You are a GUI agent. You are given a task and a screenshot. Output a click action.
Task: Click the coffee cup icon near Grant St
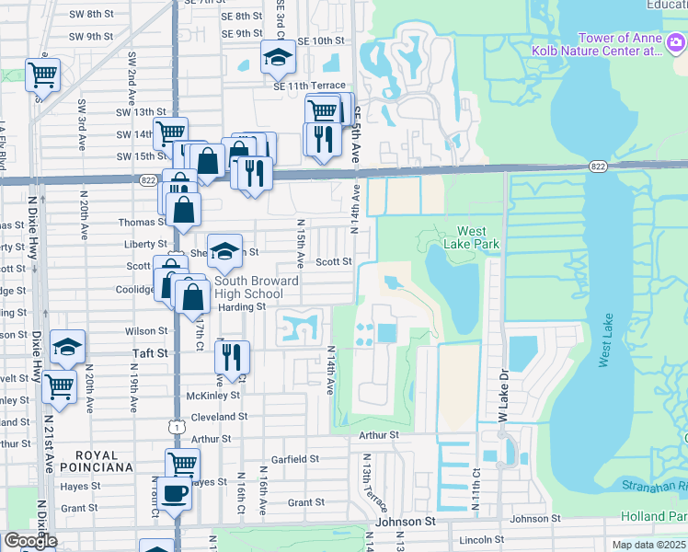[x=174, y=493]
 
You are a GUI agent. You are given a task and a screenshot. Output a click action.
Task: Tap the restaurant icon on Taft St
[x=233, y=356]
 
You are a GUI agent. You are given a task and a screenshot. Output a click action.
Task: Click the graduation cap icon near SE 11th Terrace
[x=276, y=58]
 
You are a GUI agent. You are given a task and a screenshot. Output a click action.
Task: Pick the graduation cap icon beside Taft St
[x=68, y=346]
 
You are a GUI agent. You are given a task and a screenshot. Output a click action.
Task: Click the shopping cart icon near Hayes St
[x=182, y=464]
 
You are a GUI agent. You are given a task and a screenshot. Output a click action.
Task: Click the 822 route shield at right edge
[x=598, y=166]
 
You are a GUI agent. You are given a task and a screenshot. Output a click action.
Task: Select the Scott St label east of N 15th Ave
[x=334, y=261]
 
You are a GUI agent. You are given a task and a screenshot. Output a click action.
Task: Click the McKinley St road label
[x=212, y=395]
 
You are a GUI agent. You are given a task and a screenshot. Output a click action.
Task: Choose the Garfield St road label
[x=294, y=458]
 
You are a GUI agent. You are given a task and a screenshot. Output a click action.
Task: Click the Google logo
[x=30, y=541]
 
